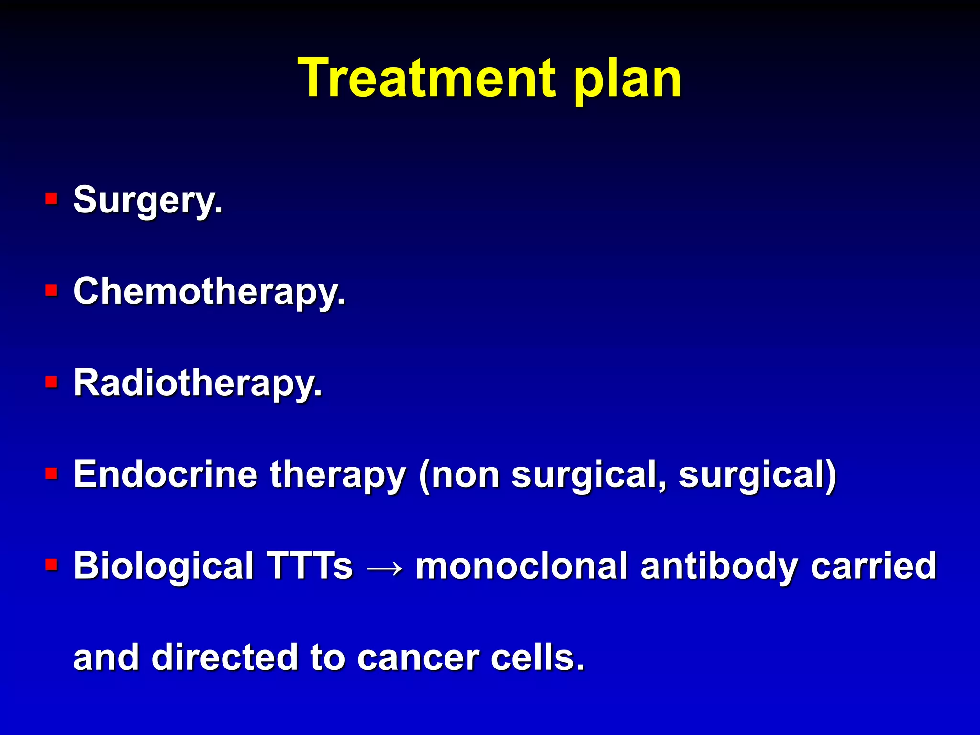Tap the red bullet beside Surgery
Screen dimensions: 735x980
[x=51, y=199]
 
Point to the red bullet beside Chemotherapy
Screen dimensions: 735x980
[x=51, y=290]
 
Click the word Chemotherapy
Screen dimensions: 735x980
[x=209, y=292]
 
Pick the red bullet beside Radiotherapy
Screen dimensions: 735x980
[x=51, y=382]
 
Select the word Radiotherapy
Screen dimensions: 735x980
[x=197, y=384]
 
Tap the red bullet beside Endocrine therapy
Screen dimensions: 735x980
[x=51, y=473]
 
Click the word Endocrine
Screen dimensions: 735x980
[x=166, y=475]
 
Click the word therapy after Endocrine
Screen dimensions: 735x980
[x=338, y=476]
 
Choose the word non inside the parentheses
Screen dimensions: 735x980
[x=459, y=476]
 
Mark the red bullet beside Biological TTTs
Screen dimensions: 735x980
[x=51, y=565]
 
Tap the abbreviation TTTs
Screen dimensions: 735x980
[x=310, y=566]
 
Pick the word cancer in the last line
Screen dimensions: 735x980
[x=418, y=658]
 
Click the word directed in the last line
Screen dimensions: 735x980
[x=225, y=657]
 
